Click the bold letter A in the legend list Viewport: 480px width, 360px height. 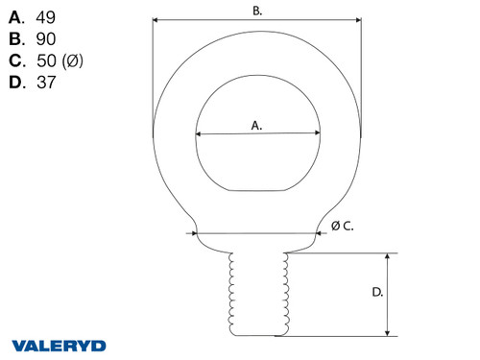point(16,18)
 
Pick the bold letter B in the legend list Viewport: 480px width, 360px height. point(16,39)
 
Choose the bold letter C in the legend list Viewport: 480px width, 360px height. point(16,61)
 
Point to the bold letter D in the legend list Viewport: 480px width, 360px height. point(16,83)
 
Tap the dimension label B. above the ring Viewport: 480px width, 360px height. point(256,11)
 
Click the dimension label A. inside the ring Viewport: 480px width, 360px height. point(256,125)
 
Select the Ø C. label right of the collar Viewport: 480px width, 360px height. point(343,226)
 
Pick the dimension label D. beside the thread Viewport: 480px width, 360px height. point(377,292)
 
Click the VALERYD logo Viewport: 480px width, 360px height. point(60,345)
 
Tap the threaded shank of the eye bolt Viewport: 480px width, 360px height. point(256,293)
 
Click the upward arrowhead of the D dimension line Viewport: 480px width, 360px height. point(389,257)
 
